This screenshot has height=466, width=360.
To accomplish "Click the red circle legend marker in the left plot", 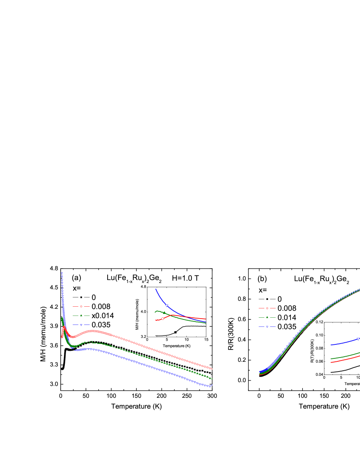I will click(81, 306).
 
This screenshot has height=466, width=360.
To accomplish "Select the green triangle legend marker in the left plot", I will click(81, 316).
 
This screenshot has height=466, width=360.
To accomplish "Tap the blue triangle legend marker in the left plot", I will click(81, 325).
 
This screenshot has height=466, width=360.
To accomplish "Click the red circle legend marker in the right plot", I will click(267, 308).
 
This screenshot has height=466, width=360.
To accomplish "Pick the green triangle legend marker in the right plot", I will click(267, 317).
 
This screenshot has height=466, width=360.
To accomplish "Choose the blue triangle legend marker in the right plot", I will click(267, 327).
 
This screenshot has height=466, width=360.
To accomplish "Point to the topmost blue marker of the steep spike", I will click(62, 273).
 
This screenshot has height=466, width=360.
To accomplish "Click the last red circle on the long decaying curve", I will click(212, 369).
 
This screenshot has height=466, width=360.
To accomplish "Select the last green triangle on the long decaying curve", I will click(212, 379).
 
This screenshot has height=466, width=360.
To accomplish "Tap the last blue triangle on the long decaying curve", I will click(212, 385).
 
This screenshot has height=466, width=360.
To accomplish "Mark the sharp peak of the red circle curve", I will click(64, 327).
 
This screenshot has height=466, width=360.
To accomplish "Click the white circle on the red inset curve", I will click(163, 319).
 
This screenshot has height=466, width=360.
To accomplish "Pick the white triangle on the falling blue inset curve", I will click(166, 305).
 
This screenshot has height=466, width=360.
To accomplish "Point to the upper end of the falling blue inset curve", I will click(156, 289).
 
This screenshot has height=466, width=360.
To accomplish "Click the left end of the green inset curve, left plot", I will click(155, 312).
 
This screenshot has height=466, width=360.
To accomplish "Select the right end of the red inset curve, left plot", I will click(206, 319).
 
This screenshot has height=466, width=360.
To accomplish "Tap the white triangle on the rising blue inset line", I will click(358, 339).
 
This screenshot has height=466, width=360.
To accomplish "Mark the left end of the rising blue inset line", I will click(331, 345).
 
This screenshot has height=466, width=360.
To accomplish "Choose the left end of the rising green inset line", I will click(331, 359).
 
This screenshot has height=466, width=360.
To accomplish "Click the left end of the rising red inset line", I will click(331, 363).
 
